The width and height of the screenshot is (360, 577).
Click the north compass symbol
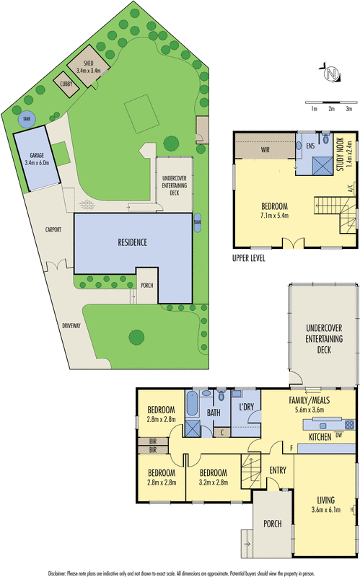tap(331, 74)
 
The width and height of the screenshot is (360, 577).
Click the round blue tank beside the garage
tap(27, 119)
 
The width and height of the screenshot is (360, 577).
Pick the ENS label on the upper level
tap(312, 146)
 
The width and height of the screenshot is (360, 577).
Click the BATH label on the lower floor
tap(214, 413)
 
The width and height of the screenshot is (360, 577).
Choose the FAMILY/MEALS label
tap(307, 400)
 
